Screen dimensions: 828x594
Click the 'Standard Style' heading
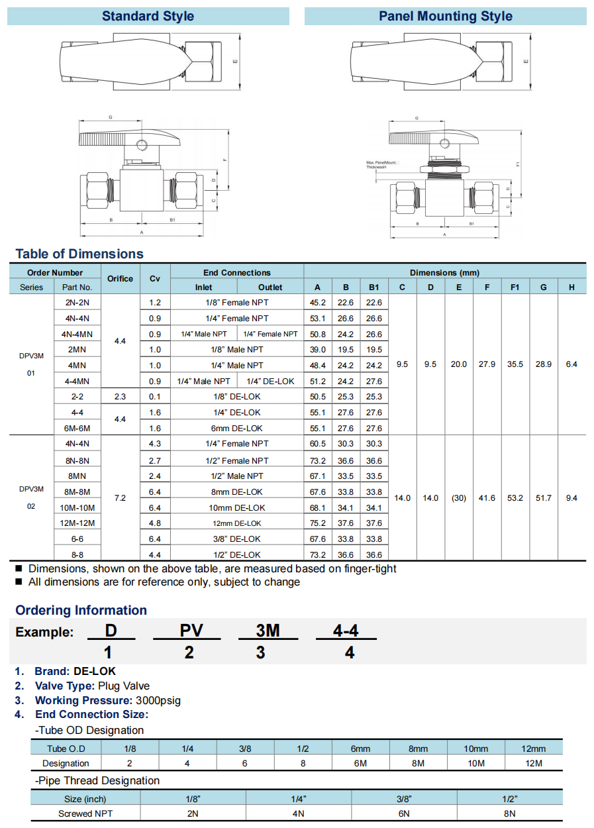(x=148, y=17)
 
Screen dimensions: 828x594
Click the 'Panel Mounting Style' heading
(x=445, y=17)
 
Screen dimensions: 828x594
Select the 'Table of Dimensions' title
(x=79, y=254)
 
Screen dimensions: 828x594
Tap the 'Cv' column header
(x=155, y=279)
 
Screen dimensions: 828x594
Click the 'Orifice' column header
(x=120, y=279)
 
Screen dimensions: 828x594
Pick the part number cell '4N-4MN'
(x=77, y=334)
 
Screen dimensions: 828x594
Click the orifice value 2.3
(x=120, y=397)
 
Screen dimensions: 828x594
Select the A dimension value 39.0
(x=317, y=350)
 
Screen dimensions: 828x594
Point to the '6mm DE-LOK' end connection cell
(x=237, y=429)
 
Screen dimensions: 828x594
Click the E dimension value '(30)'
(x=459, y=498)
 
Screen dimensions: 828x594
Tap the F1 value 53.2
(x=515, y=498)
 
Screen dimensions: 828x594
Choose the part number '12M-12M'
(x=77, y=523)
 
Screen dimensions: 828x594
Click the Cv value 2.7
(x=155, y=460)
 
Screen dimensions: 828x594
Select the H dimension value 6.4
(x=571, y=364)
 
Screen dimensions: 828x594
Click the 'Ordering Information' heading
(x=81, y=611)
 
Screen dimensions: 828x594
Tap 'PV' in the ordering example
(x=191, y=631)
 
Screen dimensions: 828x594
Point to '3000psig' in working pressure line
(x=158, y=700)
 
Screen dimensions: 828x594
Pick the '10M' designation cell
(x=475, y=763)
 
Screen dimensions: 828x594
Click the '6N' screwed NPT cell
(x=405, y=813)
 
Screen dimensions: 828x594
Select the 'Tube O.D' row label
(x=66, y=749)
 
